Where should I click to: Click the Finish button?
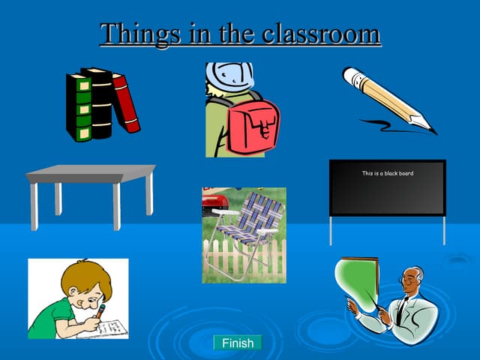click(x=238, y=343)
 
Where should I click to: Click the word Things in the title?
click(x=132, y=34)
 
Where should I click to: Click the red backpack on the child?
click(x=253, y=123)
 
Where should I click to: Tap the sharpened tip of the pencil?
click(x=430, y=129)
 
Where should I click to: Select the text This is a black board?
click(x=387, y=173)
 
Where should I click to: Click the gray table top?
click(x=90, y=173)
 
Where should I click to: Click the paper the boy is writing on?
click(x=109, y=327)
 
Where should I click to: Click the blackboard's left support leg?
click(x=331, y=230)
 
